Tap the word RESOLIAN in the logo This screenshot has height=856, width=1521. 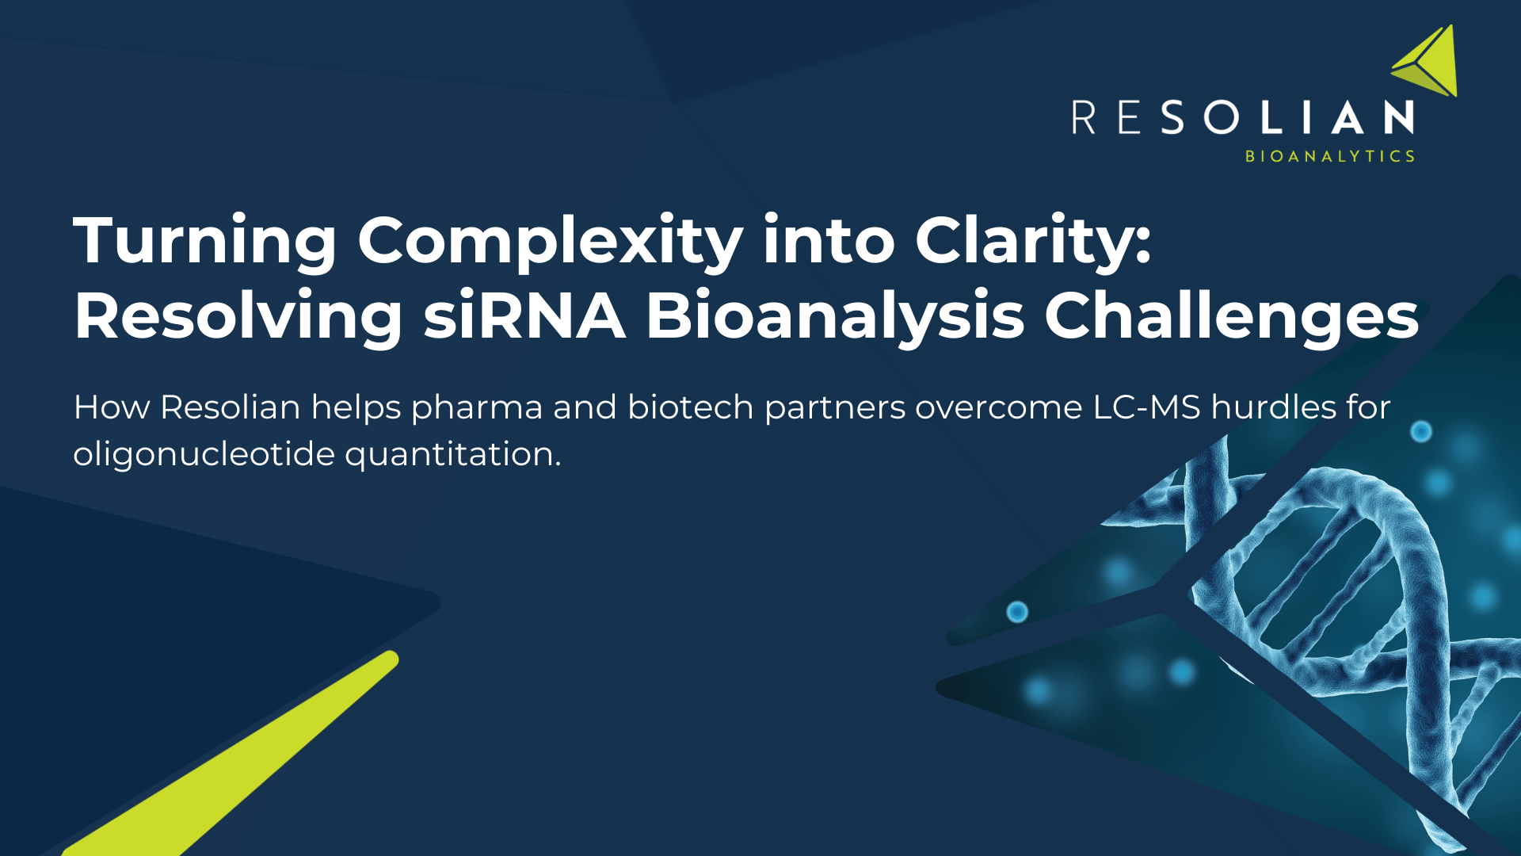coord(1243,118)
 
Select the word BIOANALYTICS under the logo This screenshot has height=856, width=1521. coord(1330,156)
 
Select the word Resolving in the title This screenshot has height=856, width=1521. coord(238,316)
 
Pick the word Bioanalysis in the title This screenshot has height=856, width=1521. coord(835,316)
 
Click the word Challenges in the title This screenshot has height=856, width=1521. coord(1231,316)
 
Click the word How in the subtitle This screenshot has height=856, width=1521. coord(112,407)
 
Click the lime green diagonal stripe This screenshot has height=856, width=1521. coord(238,761)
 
